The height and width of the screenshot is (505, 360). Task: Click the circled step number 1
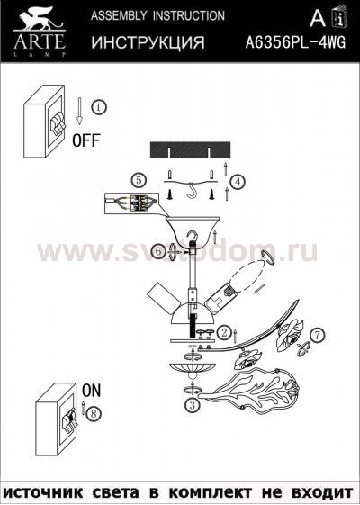(x=99, y=106)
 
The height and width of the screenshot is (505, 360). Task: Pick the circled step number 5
(x=137, y=179)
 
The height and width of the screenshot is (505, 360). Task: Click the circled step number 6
(x=157, y=252)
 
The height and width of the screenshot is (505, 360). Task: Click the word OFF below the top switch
(x=85, y=141)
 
